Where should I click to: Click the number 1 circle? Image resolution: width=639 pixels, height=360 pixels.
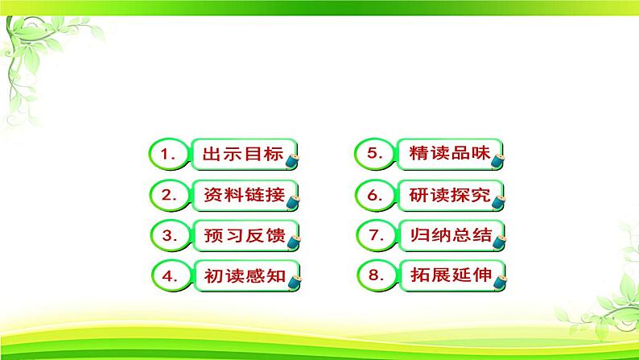click(169, 154)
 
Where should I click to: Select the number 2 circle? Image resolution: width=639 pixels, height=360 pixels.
click(170, 195)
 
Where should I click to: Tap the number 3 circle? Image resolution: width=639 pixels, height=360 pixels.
click(171, 235)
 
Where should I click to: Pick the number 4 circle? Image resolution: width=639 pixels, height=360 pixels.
click(171, 275)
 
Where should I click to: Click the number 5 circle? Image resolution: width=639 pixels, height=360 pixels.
click(374, 154)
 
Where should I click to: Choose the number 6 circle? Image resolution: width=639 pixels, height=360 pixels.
click(375, 195)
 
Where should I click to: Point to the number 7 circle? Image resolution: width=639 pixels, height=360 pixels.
click(377, 235)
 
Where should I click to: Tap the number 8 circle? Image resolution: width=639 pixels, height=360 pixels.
click(377, 275)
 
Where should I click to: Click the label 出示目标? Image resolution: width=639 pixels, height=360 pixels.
click(243, 154)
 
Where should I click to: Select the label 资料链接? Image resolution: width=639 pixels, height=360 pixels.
click(244, 195)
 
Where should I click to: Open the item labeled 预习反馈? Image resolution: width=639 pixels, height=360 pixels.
click(245, 235)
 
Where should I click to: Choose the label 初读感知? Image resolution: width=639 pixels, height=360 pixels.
click(245, 275)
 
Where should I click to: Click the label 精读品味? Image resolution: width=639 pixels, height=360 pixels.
click(450, 153)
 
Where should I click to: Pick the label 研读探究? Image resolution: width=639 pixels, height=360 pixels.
click(450, 195)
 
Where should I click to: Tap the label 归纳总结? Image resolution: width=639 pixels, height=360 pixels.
click(451, 235)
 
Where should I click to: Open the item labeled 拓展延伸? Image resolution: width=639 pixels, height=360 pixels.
click(451, 275)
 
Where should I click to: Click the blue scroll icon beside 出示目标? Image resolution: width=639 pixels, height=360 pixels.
click(292, 161)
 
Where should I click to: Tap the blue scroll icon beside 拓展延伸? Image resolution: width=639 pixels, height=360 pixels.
click(499, 282)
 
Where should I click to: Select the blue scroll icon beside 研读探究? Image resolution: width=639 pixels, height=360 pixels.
click(498, 202)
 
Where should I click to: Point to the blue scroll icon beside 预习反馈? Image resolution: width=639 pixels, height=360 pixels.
click(294, 242)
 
